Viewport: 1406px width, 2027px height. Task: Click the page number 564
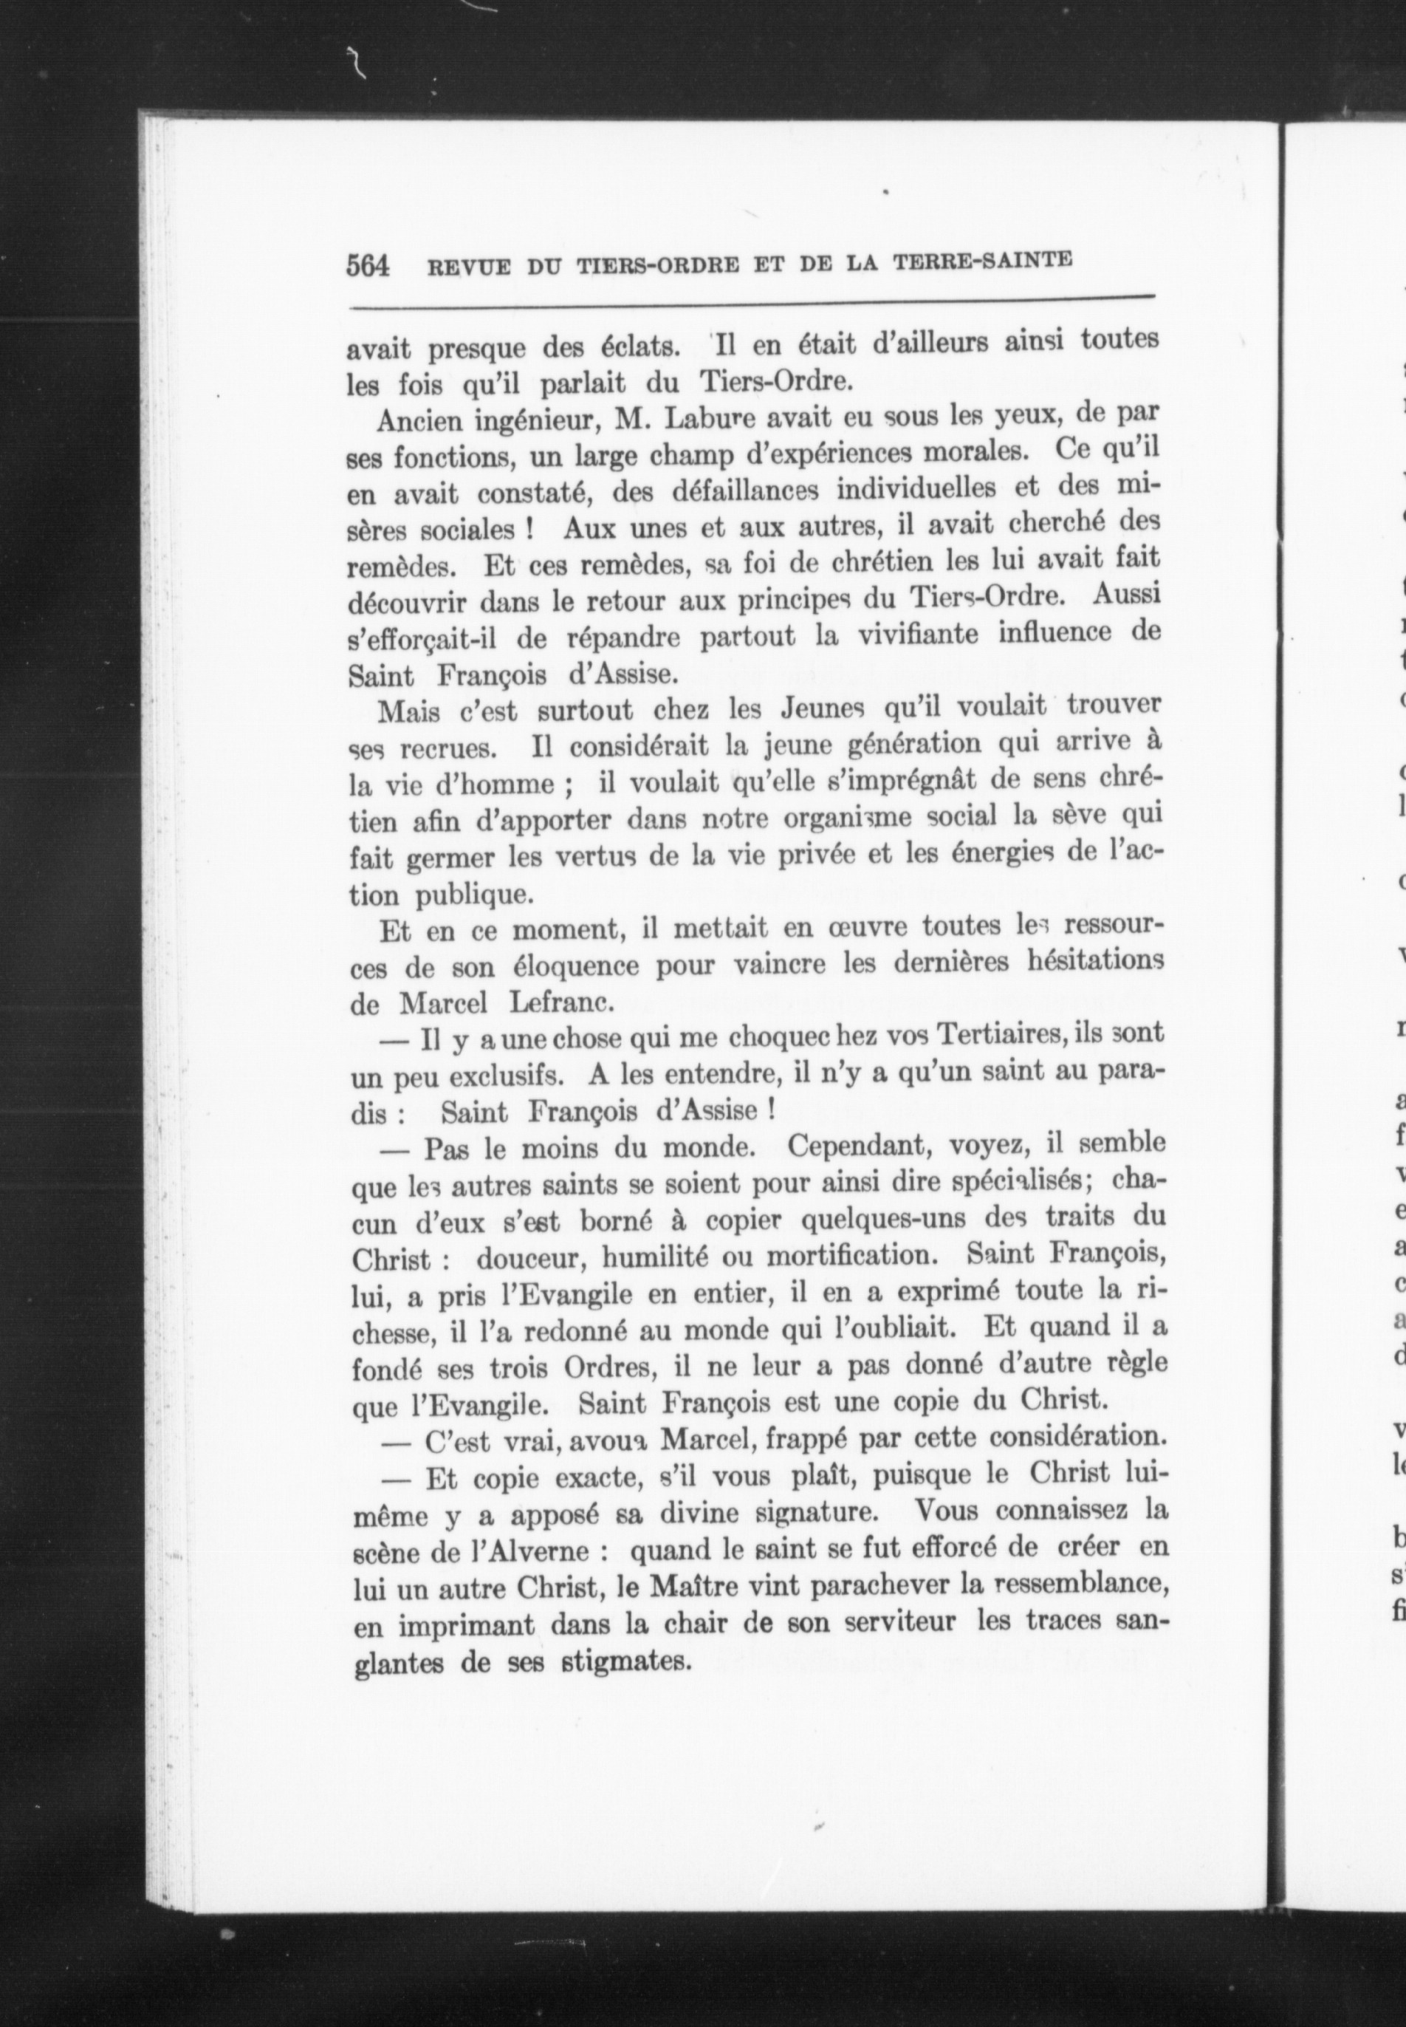368,265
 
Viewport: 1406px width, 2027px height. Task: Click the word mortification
848,1255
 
